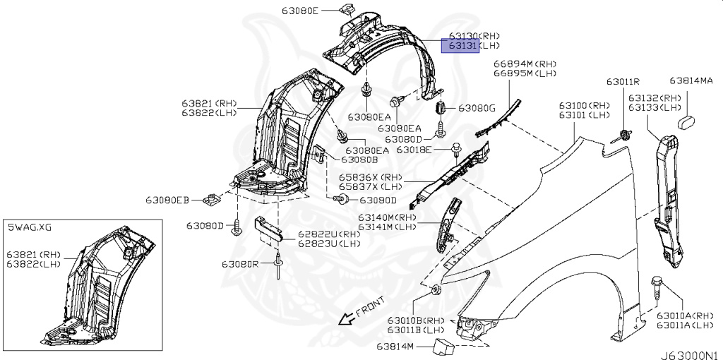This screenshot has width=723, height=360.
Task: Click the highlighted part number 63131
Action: click(460, 47)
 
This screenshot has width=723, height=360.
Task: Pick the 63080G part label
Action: click(477, 108)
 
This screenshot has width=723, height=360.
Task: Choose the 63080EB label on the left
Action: click(168, 200)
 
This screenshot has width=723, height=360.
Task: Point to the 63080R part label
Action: click(239, 263)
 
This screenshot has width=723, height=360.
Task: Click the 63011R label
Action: click(623, 81)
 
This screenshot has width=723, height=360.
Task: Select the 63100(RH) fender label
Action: click(584, 104)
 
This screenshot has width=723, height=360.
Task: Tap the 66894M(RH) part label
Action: click(525, 64)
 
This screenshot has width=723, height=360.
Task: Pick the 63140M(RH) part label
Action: click(388, 217)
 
